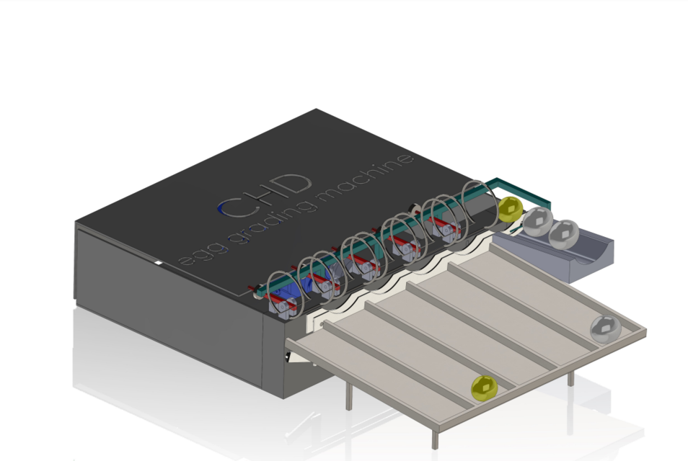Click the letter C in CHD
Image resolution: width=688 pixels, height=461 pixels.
[233, 207]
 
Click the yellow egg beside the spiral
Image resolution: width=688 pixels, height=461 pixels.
[510, 208]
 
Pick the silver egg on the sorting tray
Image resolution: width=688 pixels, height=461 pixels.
[605, 328]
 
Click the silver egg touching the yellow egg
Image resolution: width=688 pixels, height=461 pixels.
[537, 222]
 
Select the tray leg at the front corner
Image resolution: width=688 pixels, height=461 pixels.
[435, 435]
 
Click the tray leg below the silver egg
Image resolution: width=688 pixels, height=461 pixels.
[570, 376]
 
